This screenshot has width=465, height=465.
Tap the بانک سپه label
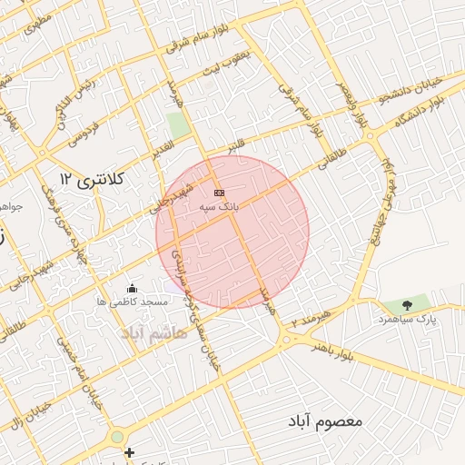coord(219,207)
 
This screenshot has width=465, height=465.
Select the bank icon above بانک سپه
coord(218,193)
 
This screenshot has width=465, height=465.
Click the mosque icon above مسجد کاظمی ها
coord(134,288)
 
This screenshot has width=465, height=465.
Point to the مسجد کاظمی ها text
coord(132,301)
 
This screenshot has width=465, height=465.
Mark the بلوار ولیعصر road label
coord(352,102)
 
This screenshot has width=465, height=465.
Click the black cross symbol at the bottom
coord(129,452)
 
